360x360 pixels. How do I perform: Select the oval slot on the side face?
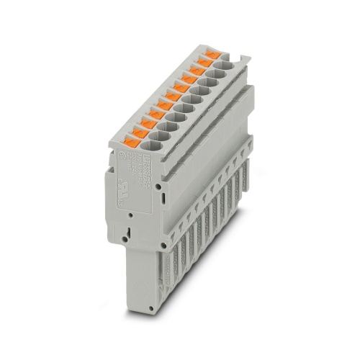point(164,194)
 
